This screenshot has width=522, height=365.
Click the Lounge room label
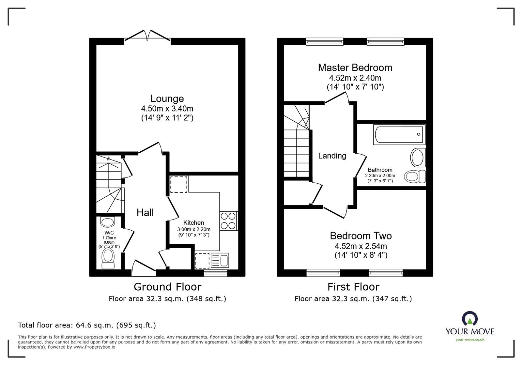(x=167, y=99)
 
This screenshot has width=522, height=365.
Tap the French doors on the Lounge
(x=147, y=36)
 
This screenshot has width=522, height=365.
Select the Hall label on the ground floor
(x=145, y=213)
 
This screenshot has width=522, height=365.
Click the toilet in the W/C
(x=108, y=259)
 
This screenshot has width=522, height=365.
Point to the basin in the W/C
(x=108, y=222)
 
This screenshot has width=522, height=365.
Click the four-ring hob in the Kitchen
(x=228, y=221)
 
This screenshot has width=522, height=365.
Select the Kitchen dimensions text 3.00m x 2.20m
(x=194, y=229)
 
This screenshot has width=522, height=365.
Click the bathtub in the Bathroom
(x=399, y=134)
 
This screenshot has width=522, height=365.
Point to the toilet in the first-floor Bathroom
(x=415, y=176)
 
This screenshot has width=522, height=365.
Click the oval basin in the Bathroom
(x=418, y=158)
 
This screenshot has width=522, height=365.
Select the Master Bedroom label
(x=355, y=68)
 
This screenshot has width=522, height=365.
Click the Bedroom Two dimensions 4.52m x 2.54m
(x=361, y=246)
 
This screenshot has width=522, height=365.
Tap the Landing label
(x=332, y=156)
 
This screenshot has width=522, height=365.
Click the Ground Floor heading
(x=167, y=287)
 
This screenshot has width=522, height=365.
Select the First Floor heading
(x=353, y=287)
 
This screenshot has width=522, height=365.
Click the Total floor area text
(x=87, y=325)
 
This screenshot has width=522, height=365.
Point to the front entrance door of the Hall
(x=144, y=266)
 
